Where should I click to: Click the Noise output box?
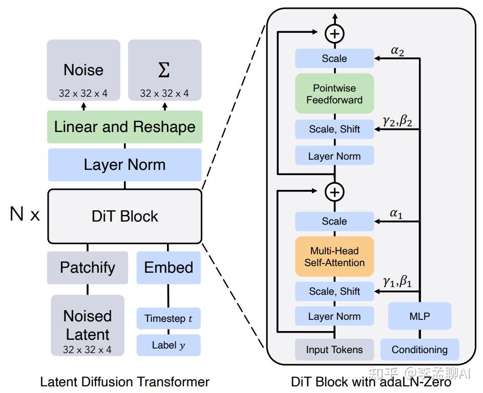pos(83,71)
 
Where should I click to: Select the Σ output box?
pos(164,71)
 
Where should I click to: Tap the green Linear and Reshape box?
pos(124,127)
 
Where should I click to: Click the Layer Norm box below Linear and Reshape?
pos(124,165)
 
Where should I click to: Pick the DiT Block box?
pos(124,216)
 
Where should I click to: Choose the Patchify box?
pos(88,267)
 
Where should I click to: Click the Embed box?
pos(169,267)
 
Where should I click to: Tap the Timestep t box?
pos(169,318)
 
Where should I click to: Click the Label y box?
pos(169,345)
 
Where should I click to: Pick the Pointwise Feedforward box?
pos(334,94)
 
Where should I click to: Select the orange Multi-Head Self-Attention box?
pos(334,256)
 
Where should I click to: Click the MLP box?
pos(419,316)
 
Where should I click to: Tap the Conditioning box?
pos(419,350)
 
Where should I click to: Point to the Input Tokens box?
pos(334,350)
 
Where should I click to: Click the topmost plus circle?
pos(334,34)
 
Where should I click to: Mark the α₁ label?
pos(396,213)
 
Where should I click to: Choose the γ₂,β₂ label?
pos(397,120)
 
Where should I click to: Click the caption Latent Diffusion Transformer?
pos(124,382)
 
